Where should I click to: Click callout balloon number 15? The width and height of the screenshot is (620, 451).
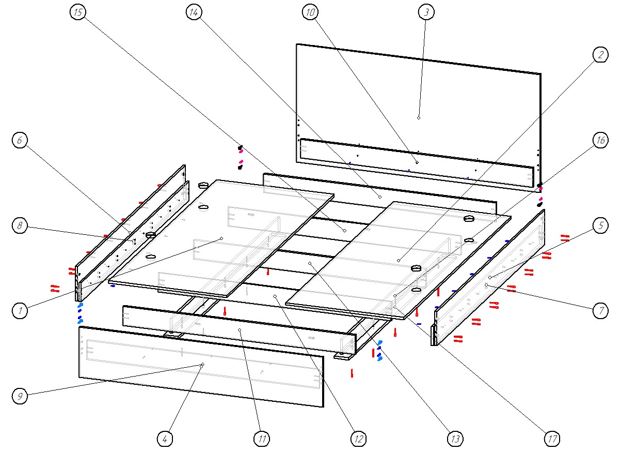pos(77,13)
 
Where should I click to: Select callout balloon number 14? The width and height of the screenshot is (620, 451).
pos(194,13)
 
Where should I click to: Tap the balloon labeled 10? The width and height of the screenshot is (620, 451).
pos(310,13)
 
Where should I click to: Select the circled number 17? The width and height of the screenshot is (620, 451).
pos(552,439)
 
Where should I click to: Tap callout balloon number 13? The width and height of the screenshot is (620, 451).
pos(455,439)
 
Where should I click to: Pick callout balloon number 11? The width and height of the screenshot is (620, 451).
pos(262,439)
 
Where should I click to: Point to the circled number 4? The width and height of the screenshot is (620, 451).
pos(165,439)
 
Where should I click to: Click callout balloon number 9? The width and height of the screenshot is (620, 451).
pos(20,396)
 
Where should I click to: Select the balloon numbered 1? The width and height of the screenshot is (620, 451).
pos(20,310)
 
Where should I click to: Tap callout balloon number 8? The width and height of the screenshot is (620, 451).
pos(20,226)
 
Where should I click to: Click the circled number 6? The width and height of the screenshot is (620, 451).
pos(20,140)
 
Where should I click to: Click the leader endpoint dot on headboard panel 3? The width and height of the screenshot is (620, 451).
pos(419,118)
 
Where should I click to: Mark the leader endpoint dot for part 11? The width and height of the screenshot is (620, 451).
pos(240,329)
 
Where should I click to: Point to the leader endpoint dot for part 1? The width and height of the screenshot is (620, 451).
pos(221,238)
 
